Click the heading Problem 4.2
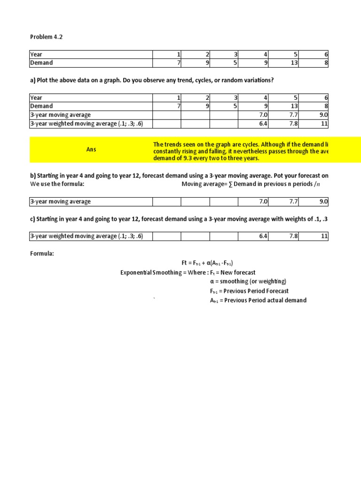click(x=46, y=37)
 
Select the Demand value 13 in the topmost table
click(x=294, y=63)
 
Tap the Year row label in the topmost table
click(x=36, y=55)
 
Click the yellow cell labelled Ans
click(x=91, y=149)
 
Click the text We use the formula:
click(x=57, y=184)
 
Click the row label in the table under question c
click(x=86, y=236)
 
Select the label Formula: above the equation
click(x=42, y=254)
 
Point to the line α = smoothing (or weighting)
click(x=248, y=281)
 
